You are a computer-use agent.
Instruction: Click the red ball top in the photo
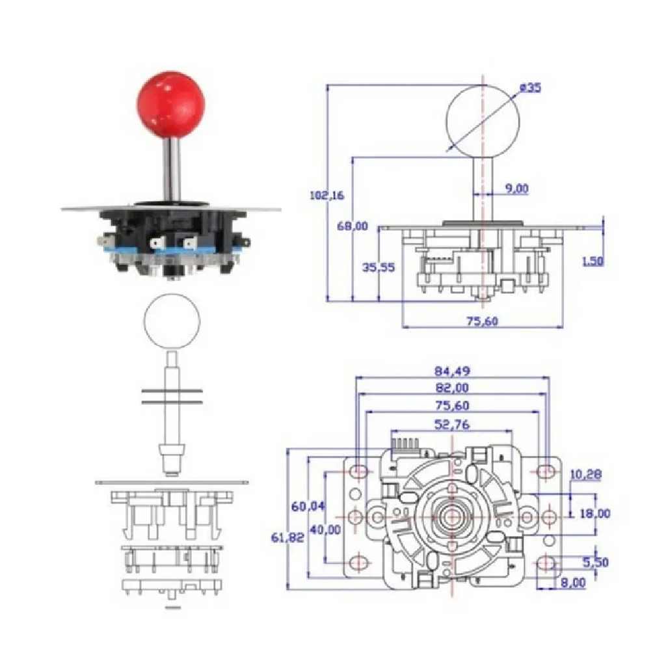(171, 105)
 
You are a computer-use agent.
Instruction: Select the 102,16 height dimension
(328, 195)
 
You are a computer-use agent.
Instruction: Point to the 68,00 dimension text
(353, 226)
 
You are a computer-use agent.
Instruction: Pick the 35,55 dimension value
(378, 267)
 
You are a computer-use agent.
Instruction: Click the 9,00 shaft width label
(516, 189)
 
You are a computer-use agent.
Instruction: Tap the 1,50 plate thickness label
(593, 261)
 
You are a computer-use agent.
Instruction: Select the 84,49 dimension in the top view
(452, 371)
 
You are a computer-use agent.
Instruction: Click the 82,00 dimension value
(452, 388)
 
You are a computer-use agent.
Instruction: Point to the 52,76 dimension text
(452, 425)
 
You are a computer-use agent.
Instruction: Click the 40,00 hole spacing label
(325, 529)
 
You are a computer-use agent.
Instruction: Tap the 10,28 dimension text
(586, 475)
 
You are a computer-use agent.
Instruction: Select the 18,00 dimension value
(594, 514)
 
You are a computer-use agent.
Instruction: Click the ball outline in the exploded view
(171, 323)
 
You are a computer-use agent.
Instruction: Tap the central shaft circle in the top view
(451, 516)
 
